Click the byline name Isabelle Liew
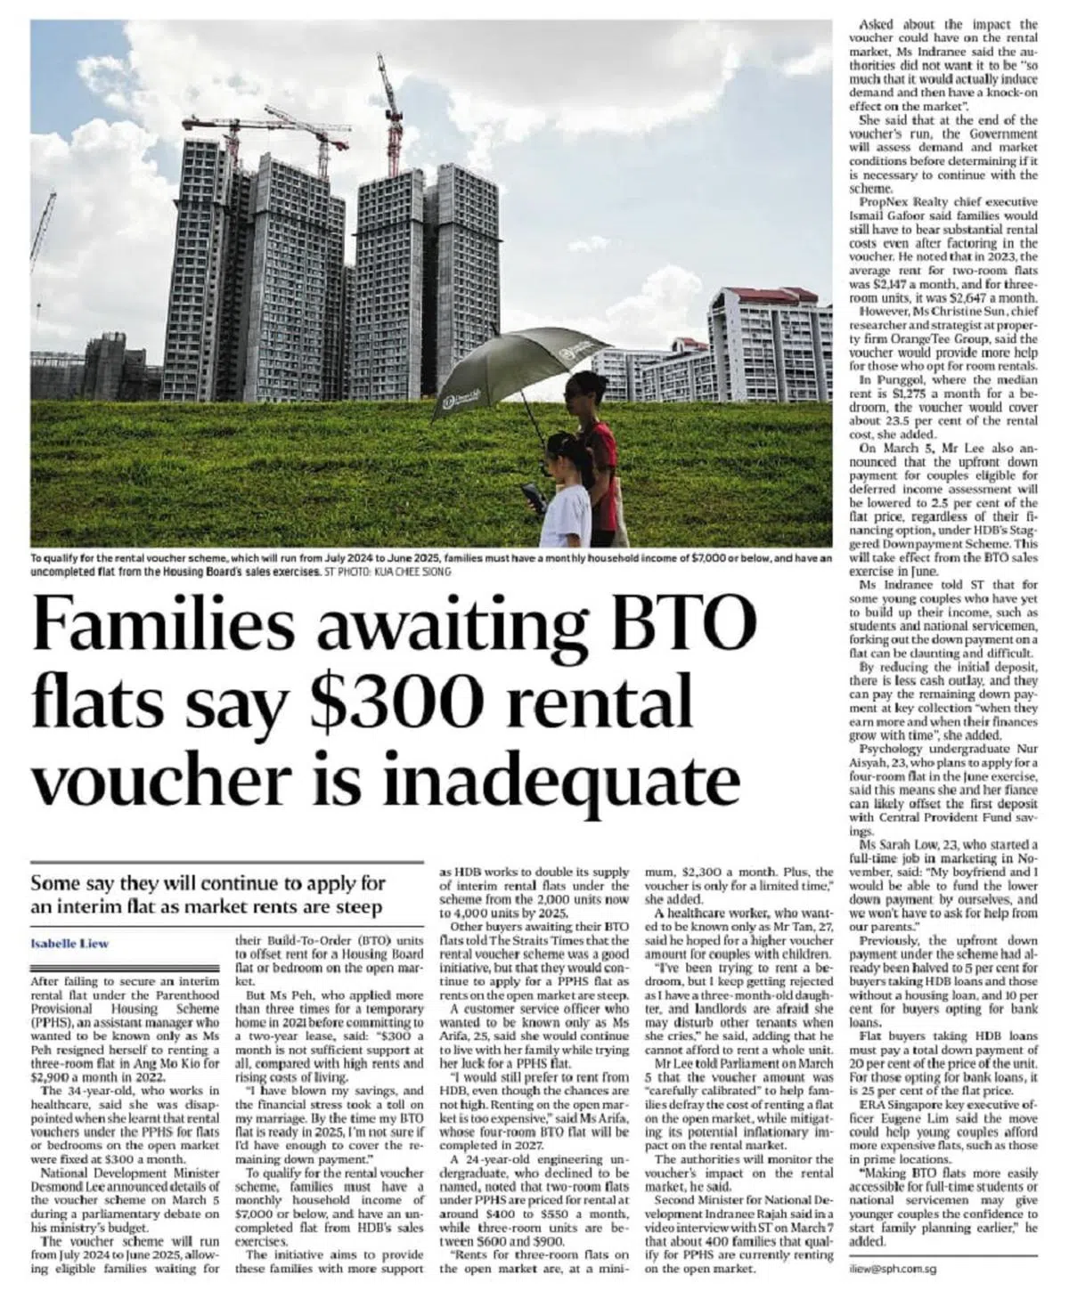(63, 943)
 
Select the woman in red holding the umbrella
(595, 445)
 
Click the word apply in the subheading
(331, 884)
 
